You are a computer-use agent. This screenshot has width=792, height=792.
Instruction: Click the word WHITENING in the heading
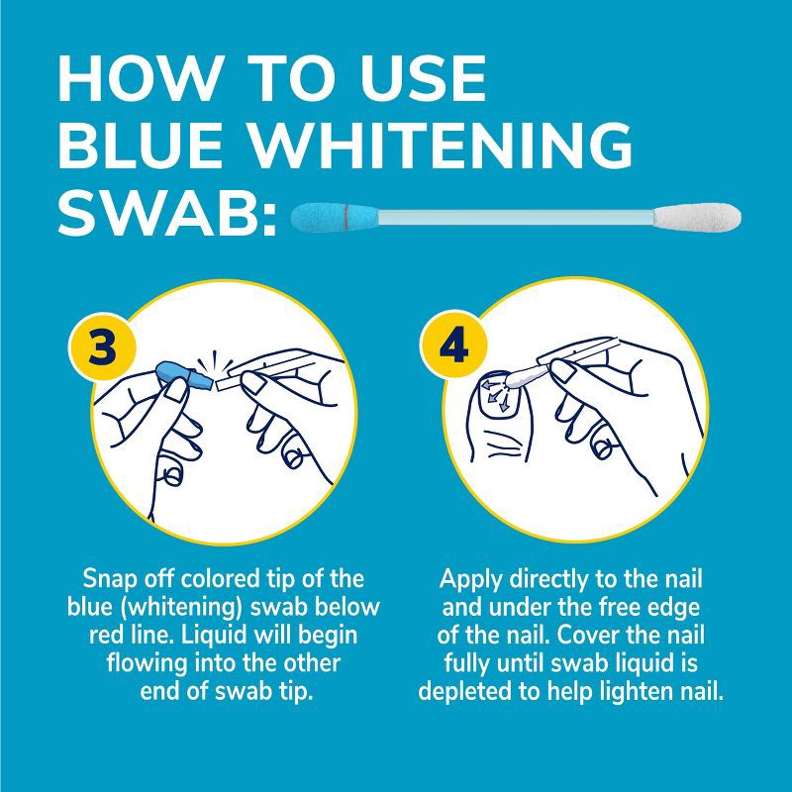[441, 145]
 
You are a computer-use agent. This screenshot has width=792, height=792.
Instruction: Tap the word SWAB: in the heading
[168, 213]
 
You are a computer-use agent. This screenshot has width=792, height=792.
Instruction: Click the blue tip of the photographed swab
[335, 217]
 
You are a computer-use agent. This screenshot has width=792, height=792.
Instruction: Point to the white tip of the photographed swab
[697, 217]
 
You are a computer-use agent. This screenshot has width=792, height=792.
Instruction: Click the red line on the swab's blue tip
[346, 217]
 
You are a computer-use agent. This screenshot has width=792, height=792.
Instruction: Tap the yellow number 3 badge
[102, 346]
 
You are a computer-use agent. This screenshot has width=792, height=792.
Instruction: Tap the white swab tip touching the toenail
[522, 378]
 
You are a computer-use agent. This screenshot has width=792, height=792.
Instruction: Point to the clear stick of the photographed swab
[516, 217]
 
